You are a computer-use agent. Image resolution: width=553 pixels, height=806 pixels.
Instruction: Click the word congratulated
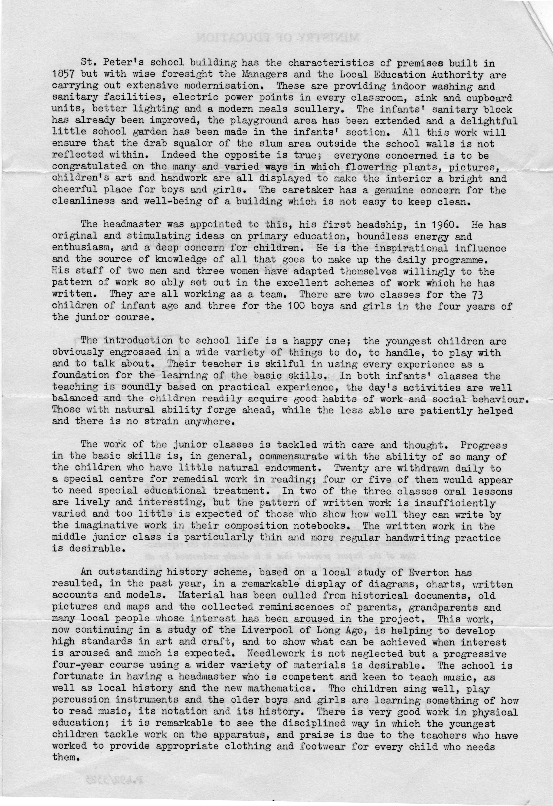click(89, 166)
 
